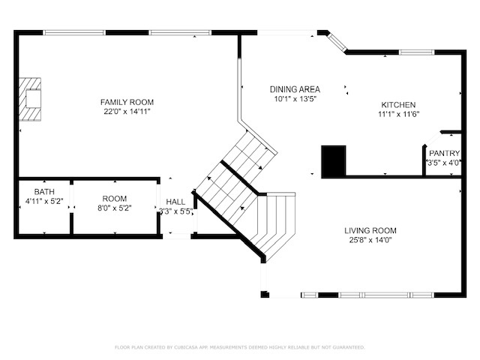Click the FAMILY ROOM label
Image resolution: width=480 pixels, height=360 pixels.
[127, 102]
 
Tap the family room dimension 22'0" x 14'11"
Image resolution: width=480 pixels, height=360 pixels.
[127, 112]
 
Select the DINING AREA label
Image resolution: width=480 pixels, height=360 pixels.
[295, 89]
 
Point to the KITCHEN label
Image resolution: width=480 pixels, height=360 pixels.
[398, 105]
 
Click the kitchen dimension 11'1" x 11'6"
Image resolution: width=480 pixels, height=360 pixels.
[398, 115]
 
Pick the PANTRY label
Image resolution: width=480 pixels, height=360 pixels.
[444, 153]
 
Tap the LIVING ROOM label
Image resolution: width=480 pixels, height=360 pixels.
[370, 230]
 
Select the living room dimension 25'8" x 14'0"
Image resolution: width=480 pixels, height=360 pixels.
[370, 240]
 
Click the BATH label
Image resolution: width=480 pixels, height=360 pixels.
[44, 192]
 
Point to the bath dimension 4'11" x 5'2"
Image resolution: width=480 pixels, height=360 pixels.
[44, 201]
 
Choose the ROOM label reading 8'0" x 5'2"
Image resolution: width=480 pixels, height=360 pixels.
[115, 199]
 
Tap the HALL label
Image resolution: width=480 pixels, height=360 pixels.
[175, 202]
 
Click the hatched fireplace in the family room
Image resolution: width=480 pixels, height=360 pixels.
[30, 100]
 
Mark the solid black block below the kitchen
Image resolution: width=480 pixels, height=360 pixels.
[334, 160]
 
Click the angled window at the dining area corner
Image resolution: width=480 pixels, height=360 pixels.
[337, 42]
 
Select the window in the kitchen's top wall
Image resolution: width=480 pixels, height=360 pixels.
[417, 52]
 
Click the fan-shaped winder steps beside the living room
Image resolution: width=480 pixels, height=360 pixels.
[275, 223]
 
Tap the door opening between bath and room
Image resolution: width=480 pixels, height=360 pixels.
[72, 199]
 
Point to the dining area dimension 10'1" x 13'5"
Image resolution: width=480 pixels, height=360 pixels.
[295, 99]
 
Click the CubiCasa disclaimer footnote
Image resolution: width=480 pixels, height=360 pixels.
[240, 347]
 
